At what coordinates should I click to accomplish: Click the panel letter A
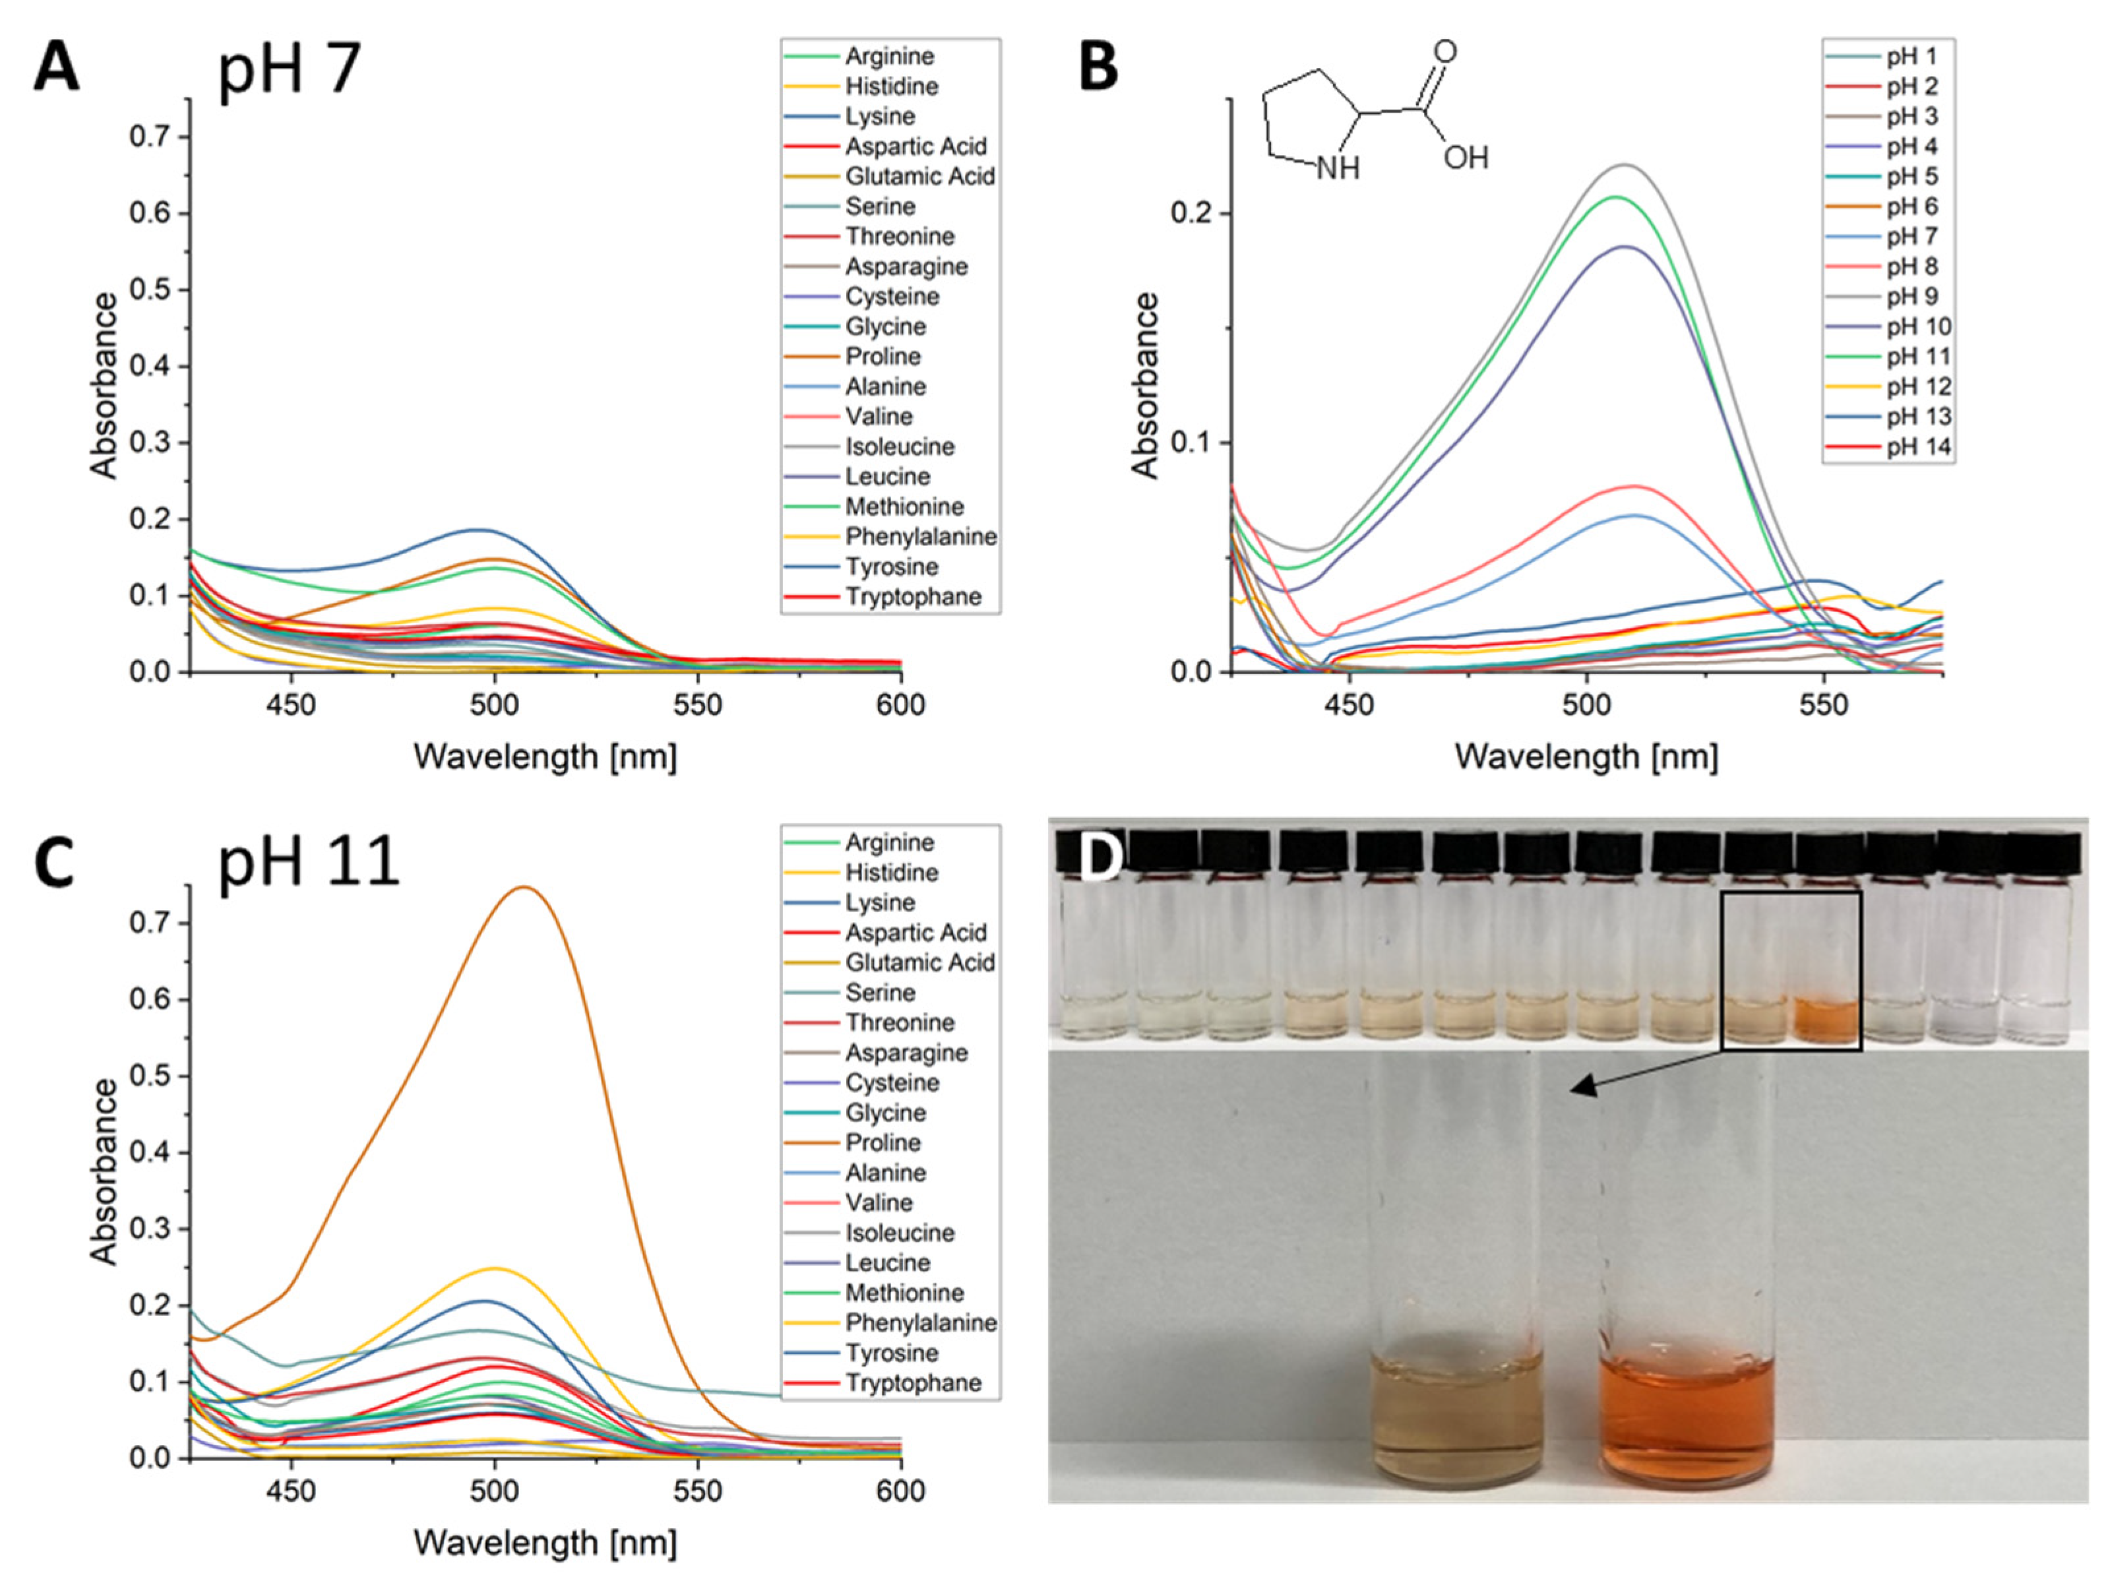(x=55, y=69)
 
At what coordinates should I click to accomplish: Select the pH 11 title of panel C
(x=308, y=863)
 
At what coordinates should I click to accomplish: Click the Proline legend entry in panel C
(x=883, y=1142)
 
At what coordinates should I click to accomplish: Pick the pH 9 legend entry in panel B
(x=1911, y=296)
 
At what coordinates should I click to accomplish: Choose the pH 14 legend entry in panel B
(x=1917, y=447)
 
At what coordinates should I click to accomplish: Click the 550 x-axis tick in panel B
(x=1823, y=705)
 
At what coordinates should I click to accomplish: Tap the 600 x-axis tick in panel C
(x=900, y=1491)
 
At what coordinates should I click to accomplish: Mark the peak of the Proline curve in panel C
(x=523, y=887)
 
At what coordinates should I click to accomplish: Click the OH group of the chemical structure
(x=1465, y=157)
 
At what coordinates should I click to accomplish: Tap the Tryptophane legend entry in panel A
(x=912, y=598)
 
